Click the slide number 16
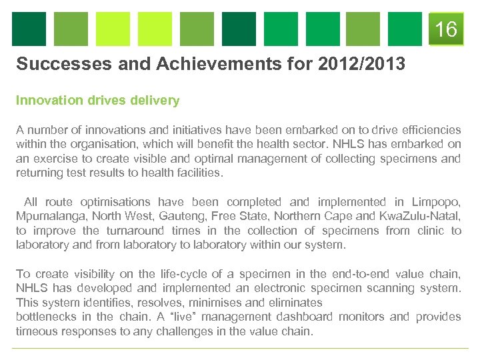(446, 30)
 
